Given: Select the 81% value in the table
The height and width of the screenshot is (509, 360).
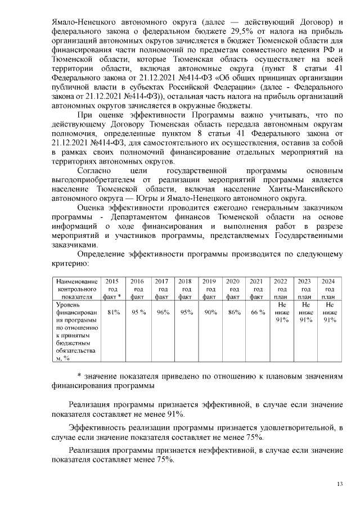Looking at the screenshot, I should click(x=113, y=312).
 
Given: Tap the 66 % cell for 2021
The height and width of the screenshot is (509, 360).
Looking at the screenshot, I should click(x=257, y=312).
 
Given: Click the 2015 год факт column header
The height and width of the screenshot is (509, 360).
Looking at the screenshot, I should click(x=112, y=289).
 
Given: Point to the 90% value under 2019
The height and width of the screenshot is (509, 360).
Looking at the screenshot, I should click(x=209, y=312).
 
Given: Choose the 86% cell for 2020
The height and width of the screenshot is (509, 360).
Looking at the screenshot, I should click(x=233, y=312).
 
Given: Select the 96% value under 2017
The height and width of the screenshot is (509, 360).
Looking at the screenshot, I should click(x=163, y=312).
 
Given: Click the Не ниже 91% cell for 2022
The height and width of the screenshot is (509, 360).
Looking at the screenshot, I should click(x=281, y=312).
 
